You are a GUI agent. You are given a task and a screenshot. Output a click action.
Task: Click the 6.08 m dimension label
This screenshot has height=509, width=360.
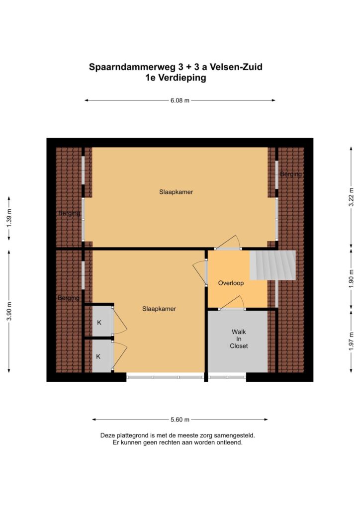click(x=180, y=100)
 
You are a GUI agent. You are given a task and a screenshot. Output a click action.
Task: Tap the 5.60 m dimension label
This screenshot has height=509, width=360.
click(x=180, y=420)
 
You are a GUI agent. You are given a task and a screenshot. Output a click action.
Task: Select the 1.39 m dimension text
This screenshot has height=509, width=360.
click(x=9, y=218)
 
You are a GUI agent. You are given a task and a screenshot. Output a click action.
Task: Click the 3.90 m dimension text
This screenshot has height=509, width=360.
click(x=9, y=311)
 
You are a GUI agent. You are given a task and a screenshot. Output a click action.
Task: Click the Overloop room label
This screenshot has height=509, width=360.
click(x=231, y=283)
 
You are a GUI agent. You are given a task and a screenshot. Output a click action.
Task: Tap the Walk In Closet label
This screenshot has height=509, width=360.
click(x=239, y=339)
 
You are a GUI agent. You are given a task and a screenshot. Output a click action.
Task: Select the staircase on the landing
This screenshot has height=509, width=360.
click(x=273, y=265)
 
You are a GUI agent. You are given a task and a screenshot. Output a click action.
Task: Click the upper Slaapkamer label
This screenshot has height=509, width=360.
click(x=176, y=192)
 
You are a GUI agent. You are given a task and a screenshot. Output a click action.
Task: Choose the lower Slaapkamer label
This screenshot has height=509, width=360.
click(x=159, y=309)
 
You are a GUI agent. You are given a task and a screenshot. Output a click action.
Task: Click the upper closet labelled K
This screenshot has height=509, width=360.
click(x=98, y=322)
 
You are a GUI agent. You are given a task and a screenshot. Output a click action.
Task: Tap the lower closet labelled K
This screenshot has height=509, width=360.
click(x=98, y=356)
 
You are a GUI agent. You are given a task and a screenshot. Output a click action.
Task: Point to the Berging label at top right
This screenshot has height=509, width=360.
click(x=290, y=174)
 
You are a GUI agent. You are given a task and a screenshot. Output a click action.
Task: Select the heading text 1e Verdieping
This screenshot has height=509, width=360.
click(x=176, y=78)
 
